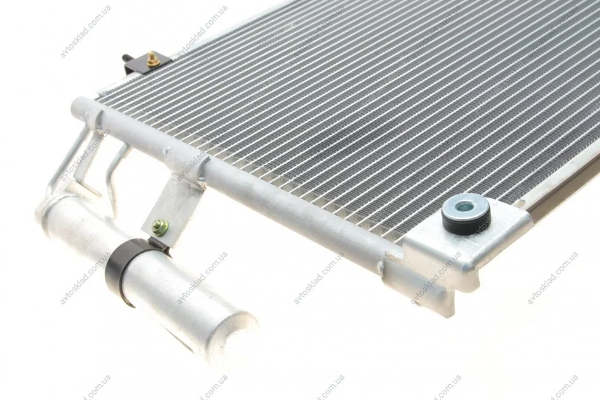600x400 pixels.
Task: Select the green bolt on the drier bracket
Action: [160, 227]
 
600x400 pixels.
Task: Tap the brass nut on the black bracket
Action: [153, 59]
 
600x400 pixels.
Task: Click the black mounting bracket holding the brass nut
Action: [147, 63]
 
